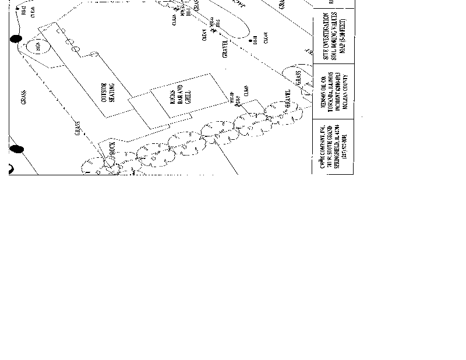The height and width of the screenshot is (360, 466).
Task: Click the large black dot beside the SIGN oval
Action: pyautogui.click(x=16, y=39)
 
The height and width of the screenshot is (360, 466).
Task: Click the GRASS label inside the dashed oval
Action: pyautogui.click(x=298, y=77)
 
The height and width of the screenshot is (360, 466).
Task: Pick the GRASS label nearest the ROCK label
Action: pyautogui.click(x=77, y=129)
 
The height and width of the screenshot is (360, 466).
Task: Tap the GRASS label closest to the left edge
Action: pyautogui.click(x=24, y=97)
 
